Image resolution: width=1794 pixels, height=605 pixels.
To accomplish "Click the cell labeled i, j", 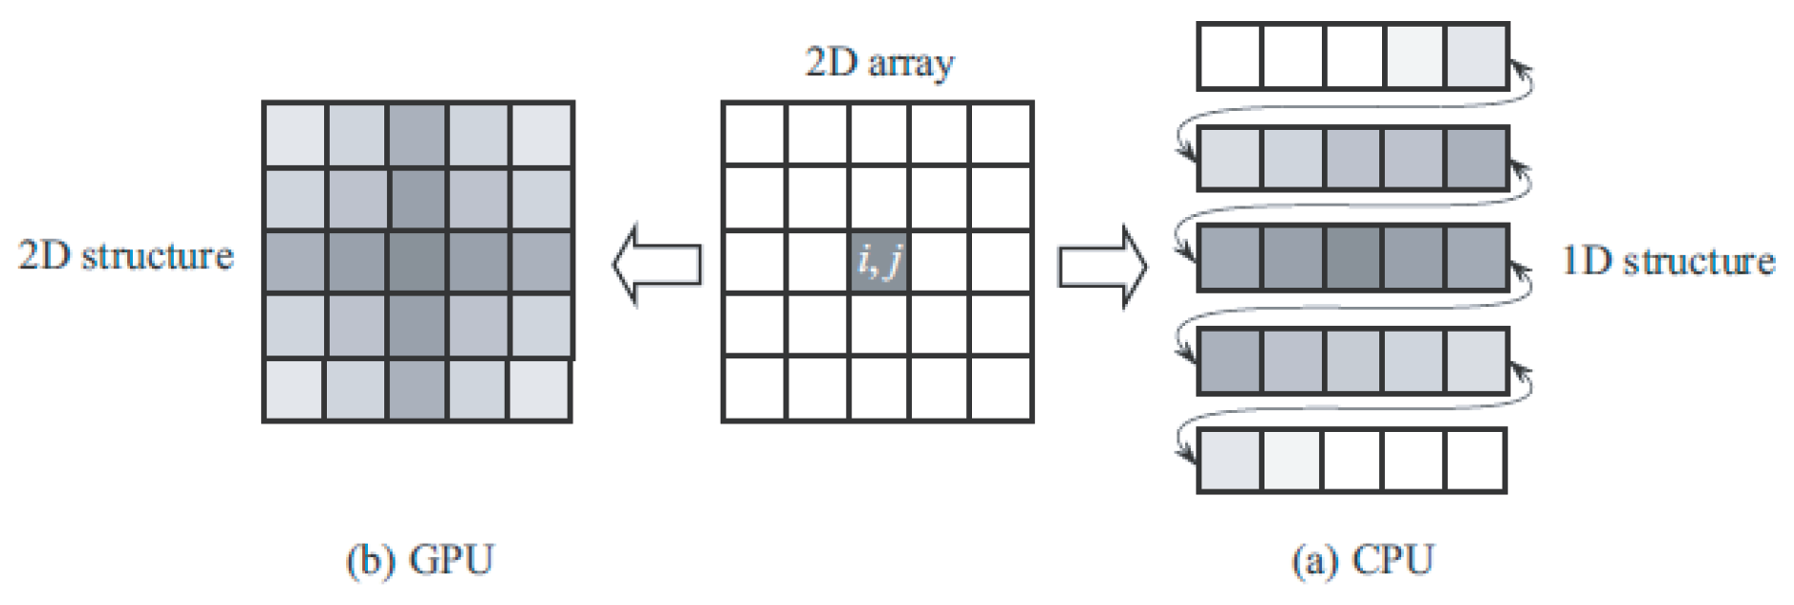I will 878,261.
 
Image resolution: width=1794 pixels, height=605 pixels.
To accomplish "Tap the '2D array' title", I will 879,63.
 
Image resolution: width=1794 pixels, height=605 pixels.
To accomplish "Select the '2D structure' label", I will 126,256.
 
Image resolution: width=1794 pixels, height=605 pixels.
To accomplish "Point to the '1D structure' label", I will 1668,261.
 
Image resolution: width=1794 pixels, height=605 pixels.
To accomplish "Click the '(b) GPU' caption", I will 420,560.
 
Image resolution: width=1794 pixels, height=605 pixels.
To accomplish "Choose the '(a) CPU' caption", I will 1362,560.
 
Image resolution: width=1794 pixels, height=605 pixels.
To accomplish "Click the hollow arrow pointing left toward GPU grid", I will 657,265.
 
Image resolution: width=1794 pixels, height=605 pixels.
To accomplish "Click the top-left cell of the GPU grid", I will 294,135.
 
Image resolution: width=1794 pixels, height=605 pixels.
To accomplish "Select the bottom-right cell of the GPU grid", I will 541,390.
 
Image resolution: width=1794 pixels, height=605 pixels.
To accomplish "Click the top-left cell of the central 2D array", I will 754,135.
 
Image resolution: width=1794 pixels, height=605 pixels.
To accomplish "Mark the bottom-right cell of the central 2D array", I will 1001,389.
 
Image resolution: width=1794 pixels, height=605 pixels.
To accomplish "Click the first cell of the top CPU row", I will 1229,56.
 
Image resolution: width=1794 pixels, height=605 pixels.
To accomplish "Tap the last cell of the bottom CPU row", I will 1476,460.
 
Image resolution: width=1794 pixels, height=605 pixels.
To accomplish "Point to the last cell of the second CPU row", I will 1477,158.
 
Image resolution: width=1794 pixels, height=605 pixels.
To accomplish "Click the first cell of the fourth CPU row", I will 1229,360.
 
